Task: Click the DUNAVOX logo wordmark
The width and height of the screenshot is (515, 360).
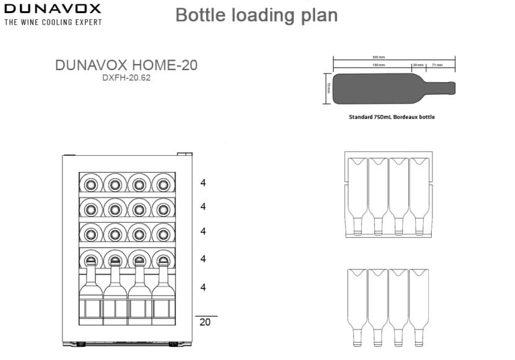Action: pyautogui.click(x=52, y=9)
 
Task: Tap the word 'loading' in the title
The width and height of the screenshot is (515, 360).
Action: pyautogui.click(x=261, y=15)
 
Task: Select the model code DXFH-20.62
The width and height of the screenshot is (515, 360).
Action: pyautogui.click(x=127, y=78)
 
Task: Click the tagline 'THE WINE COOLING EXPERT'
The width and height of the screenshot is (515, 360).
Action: pyautogui.click(x=53, y=22)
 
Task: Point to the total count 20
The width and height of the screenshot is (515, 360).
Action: pyautogui.click(x=204, y=322)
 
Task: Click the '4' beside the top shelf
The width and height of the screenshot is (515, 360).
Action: pyautogui.click(x=203, y=183)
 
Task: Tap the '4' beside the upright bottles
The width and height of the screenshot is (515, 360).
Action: pyautogui.click(x=203, y=287)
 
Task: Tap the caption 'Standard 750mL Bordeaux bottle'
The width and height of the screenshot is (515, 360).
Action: pyautogui.click(x=392, y=117)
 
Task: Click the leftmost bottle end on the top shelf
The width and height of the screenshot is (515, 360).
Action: pyautogui.click(x=91, y=184)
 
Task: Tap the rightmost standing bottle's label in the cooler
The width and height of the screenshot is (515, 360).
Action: pyautogui.click(x=163, y=308)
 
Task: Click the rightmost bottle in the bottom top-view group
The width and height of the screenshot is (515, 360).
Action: pyautogui.click(x=419, y=304)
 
